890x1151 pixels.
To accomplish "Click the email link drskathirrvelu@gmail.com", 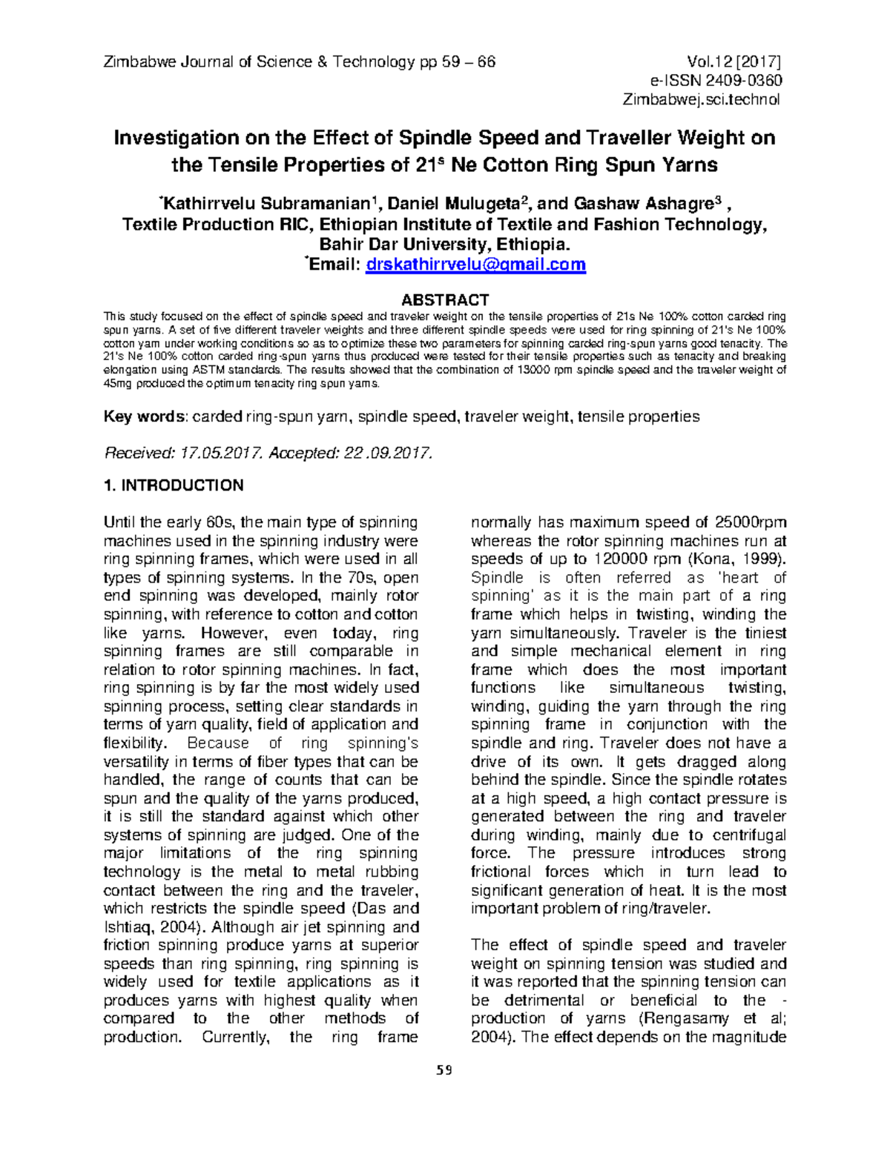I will coord(476,265).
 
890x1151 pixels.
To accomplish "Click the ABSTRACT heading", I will coord(444,299).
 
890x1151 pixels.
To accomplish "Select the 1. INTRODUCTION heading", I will coord(174,485).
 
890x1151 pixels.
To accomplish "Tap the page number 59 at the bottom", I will coord(444,1070).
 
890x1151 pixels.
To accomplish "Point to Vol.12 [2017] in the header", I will coord(734,62).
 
